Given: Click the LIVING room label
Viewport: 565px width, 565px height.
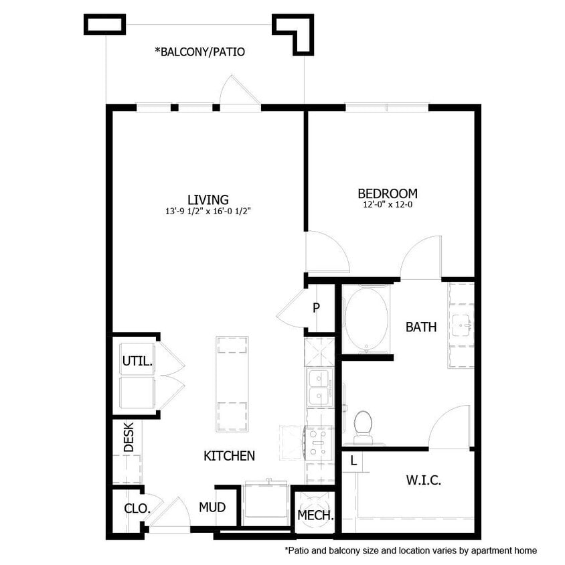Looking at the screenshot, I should [x=208, y=199].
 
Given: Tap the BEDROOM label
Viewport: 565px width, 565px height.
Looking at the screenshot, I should [x=388, y=194].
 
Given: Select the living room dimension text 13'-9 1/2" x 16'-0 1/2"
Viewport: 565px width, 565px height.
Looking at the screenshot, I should [x=208, y=211].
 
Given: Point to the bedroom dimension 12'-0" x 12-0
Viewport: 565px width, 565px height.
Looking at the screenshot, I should [x=388, y=206].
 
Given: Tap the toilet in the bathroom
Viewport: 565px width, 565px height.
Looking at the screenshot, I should [x=363, y=426].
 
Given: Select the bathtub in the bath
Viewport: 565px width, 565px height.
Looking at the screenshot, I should [x=366, y=319].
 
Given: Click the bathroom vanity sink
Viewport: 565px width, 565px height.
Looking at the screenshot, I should [x=462, y=325].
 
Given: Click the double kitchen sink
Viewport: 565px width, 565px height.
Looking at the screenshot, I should [x=319, y=388].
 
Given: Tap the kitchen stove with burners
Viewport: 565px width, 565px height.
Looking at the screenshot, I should [x=319, y=442].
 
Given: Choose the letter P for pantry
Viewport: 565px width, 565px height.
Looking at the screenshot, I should [x=316, y=309].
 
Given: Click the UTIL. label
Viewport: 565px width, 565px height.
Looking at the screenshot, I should [x=137, y=361].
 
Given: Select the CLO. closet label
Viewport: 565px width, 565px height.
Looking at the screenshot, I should [x=137, y=508].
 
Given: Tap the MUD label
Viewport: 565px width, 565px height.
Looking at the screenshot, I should [x=212, y=507].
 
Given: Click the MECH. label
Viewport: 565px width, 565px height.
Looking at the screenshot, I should [x=315, y=515].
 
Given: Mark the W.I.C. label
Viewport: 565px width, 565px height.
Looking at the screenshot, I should [x=423, y=481].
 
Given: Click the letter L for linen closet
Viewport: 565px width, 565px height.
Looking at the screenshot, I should [x=353, y=461].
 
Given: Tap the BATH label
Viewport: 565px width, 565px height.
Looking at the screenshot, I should [x=421, y=327].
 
